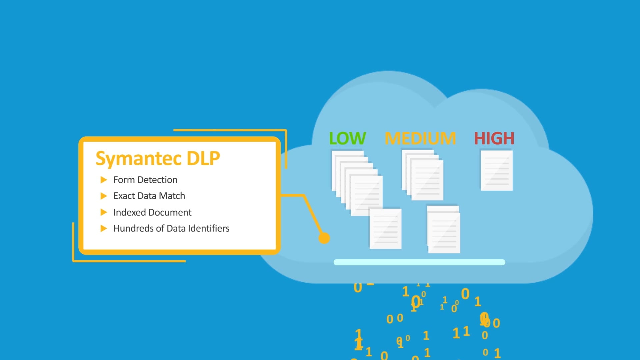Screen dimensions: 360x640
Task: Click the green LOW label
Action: [x=347, y=138]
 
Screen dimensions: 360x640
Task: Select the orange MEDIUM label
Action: [x=420, y=138]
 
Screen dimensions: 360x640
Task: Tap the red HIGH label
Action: [x=494, y=138]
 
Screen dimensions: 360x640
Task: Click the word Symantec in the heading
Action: [x=139, y=158]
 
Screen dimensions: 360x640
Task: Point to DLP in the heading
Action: [x=203, y=158]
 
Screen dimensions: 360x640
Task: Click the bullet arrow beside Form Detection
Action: [x=104, y=180]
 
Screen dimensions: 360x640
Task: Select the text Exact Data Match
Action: [x=149, y=196]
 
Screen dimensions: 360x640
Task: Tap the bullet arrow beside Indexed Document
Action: [x=104, y=212]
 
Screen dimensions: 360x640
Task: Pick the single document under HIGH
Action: [x=496, y=170]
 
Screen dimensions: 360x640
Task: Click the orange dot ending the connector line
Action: [x=324, y=238]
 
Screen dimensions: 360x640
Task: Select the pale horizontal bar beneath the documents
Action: [x=419, y=262]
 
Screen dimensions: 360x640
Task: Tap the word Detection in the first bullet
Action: [x=157, y=180]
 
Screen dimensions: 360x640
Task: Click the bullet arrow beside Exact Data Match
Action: [x=104, y=196]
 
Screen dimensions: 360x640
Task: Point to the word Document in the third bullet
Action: [x=172, y=212]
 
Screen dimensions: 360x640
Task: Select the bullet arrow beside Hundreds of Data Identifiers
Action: [x=104, y=228]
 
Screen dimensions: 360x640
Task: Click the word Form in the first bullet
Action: [x=124, y=180]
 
